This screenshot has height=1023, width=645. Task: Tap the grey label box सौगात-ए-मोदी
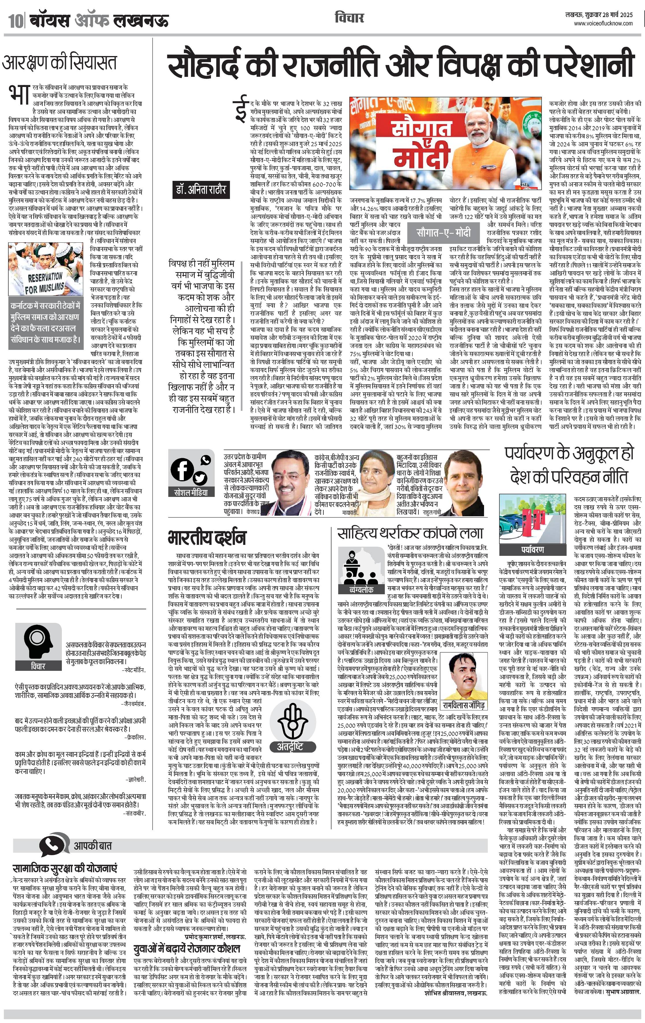tap(444, 232)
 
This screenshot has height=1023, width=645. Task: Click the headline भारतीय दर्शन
tap(207, 538)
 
